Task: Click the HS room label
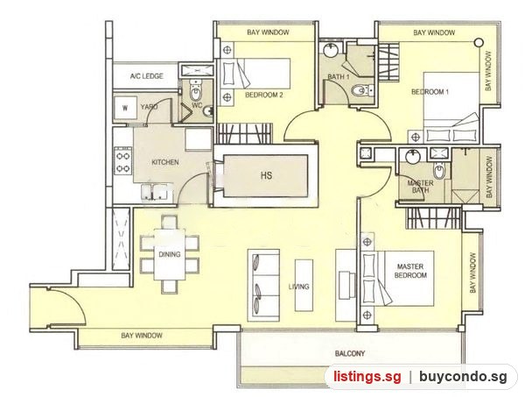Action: (x=266, y=175)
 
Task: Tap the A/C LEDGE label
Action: (x=147, y=76)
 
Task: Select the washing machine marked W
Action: (x=125, y=108)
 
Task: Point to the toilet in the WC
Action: (x=195, y=91)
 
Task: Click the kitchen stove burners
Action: (x=122, y=161)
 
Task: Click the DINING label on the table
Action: (x=170, y=254)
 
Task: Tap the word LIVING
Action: (x=299, y=287)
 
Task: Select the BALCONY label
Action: (x=349, y=353)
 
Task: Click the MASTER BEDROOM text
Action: (x=410, y=271)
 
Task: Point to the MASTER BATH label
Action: (x=420, y=187)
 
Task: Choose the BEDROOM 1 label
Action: (x=430, y=92)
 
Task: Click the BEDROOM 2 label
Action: (x=264, y=95)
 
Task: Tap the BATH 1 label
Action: (x=338, y=77)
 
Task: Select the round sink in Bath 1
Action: (x=332, y=50)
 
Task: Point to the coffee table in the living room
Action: (x=304, y=286)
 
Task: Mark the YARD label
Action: (x=150, y=107)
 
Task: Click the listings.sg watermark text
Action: (x=367, y=377)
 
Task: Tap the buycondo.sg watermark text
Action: (x=463, y=377)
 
